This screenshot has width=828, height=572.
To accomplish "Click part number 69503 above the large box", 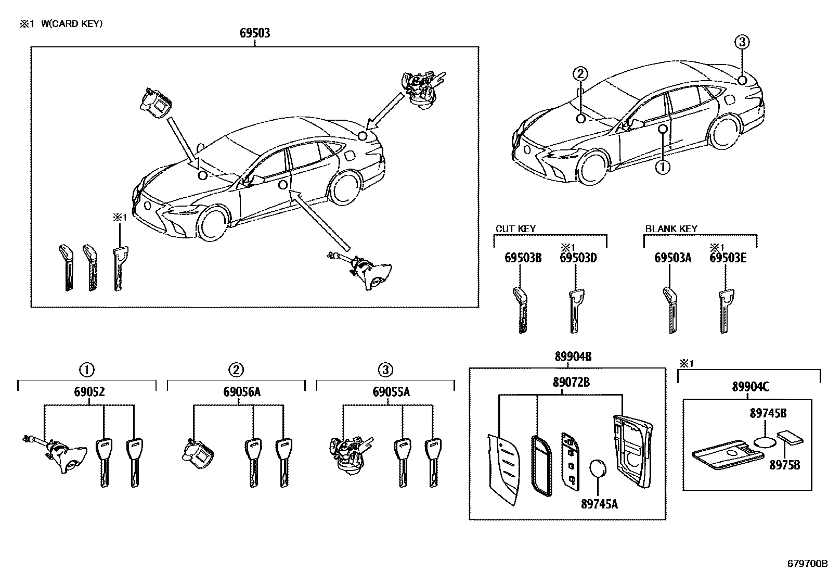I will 255,34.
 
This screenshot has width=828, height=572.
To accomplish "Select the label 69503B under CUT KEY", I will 523,258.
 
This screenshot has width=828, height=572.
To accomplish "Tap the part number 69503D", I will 578,258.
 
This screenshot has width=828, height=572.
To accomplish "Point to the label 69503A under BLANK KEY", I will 672,258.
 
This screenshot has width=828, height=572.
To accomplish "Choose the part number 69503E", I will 728,258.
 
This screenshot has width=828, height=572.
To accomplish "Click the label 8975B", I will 785,464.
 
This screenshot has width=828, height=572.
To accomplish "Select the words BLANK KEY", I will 671,229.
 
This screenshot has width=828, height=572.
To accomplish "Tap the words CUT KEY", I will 515,229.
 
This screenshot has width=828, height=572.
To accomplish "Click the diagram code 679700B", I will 807,563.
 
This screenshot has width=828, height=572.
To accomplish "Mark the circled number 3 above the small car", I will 742,42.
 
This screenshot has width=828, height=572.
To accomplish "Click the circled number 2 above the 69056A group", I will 236,370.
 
